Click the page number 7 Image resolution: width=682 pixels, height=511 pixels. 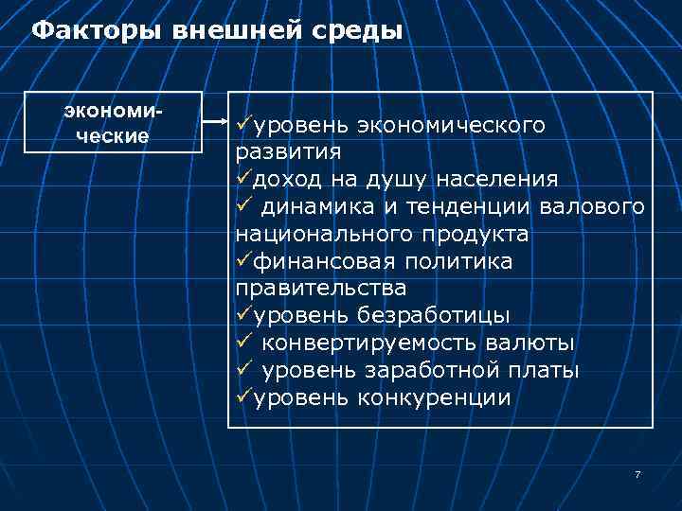pyautogui.click(x=637, y=474)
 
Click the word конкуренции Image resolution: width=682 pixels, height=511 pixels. pyautogui.click(x=435, y=396)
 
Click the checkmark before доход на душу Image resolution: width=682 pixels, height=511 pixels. pyautogui.click(x=240, y=179)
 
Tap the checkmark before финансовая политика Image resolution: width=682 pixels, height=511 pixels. pyautogui.click(x=240, y=260)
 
